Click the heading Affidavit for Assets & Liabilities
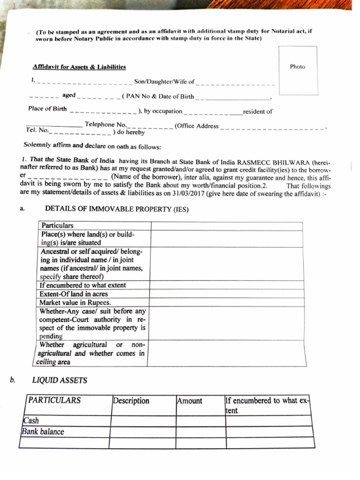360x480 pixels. [x=79, y=67]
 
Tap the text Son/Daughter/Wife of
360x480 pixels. [x=164, y=82]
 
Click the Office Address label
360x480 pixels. [x=197, y=126]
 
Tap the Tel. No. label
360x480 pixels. [x=37, y=130]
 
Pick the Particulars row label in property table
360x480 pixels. [x=58, y=225]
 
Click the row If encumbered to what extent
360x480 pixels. [x=83, y=285]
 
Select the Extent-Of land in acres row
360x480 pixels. [x=74, y=294]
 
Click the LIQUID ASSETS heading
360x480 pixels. [x=60, y=380]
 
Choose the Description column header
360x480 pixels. [x=131, y=401]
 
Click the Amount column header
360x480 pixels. [x=190, y=401]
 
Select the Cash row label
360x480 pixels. [x=30, y=420]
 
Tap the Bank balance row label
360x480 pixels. [x=43, y=431]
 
